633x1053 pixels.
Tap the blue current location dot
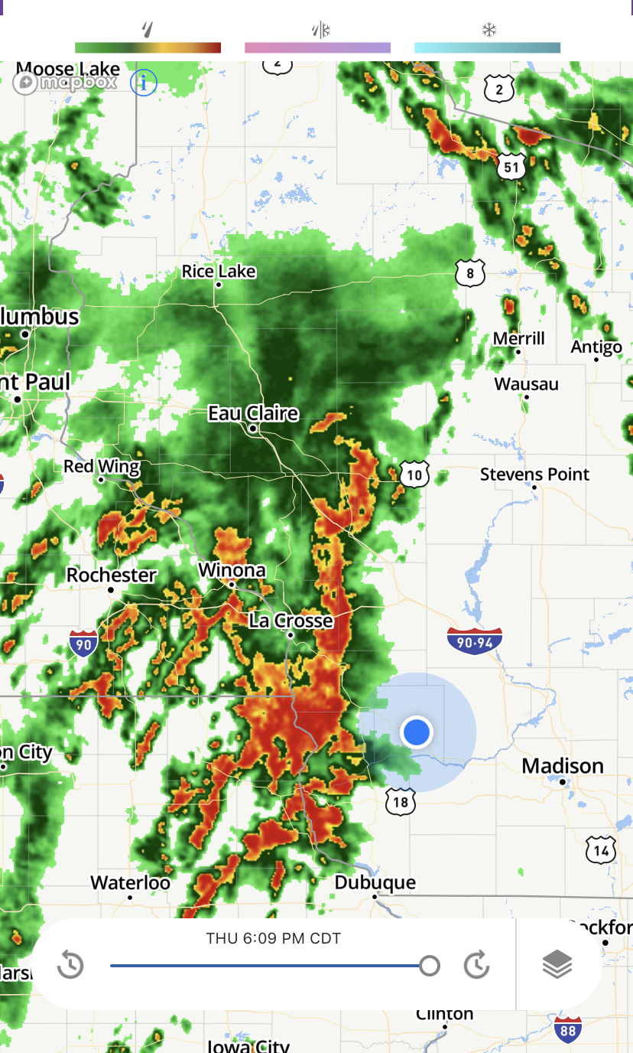417,732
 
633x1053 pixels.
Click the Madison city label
563,766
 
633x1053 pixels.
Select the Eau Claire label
253,414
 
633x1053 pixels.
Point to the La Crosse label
291,620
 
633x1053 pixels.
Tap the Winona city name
232,570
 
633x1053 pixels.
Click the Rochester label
112,575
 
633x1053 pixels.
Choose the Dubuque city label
375,883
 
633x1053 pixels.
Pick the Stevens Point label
534,474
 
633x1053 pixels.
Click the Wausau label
526,384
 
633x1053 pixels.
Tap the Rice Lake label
219,272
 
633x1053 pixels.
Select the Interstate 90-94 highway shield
475,641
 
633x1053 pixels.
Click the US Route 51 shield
510,168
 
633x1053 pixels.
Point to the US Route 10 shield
414,476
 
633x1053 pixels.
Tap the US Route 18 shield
401,801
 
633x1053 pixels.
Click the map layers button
557,964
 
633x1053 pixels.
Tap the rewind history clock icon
70,965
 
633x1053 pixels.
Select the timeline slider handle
430,966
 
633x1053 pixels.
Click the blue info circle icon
143,82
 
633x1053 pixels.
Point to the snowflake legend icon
489,31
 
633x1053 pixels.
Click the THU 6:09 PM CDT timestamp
273,938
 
